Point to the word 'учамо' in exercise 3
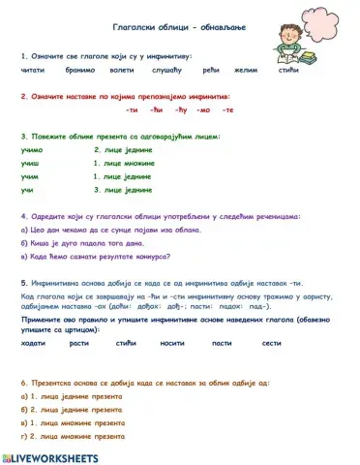pos(31,150)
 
